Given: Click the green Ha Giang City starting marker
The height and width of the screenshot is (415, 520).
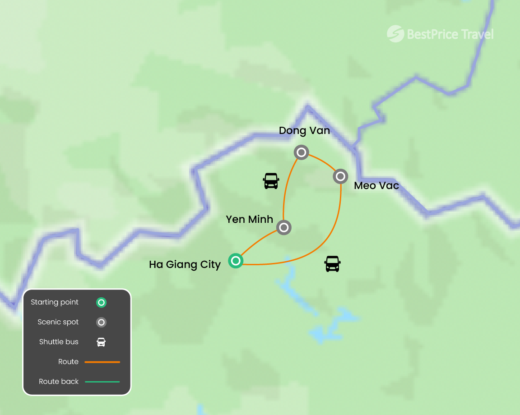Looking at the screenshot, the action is (236, 260).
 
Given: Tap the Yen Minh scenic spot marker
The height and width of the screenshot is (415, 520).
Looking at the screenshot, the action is (283, 227).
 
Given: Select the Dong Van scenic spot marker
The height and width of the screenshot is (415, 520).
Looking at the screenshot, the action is (301, 152).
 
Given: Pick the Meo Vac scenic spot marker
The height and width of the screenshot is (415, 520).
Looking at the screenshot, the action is (340, 176).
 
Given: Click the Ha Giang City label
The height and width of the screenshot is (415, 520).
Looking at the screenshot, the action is (185, 264).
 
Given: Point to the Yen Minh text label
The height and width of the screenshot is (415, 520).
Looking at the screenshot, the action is (249, 219).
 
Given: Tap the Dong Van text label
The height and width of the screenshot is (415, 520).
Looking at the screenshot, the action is (304, 131).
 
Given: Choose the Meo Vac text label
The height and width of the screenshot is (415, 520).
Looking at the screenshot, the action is (376, 185).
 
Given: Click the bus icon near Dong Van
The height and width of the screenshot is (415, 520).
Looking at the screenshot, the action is (271, 181).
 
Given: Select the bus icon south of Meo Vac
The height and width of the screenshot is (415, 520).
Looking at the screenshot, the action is (332, 263).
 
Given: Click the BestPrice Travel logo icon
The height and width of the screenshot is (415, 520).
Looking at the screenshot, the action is (395, 34).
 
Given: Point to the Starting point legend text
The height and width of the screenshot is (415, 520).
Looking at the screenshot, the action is (55, 302).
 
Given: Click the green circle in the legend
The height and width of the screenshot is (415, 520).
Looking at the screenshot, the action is (102, 303).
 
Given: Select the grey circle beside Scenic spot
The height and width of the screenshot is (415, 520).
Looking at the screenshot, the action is (102, 323).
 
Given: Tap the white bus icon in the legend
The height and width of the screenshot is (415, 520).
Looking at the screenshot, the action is (102, 342).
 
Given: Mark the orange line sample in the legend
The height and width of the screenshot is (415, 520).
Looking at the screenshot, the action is (102, 362).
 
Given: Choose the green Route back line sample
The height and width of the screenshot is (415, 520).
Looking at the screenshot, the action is (102, 382).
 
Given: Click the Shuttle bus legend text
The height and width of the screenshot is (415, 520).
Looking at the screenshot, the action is (59, 342).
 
